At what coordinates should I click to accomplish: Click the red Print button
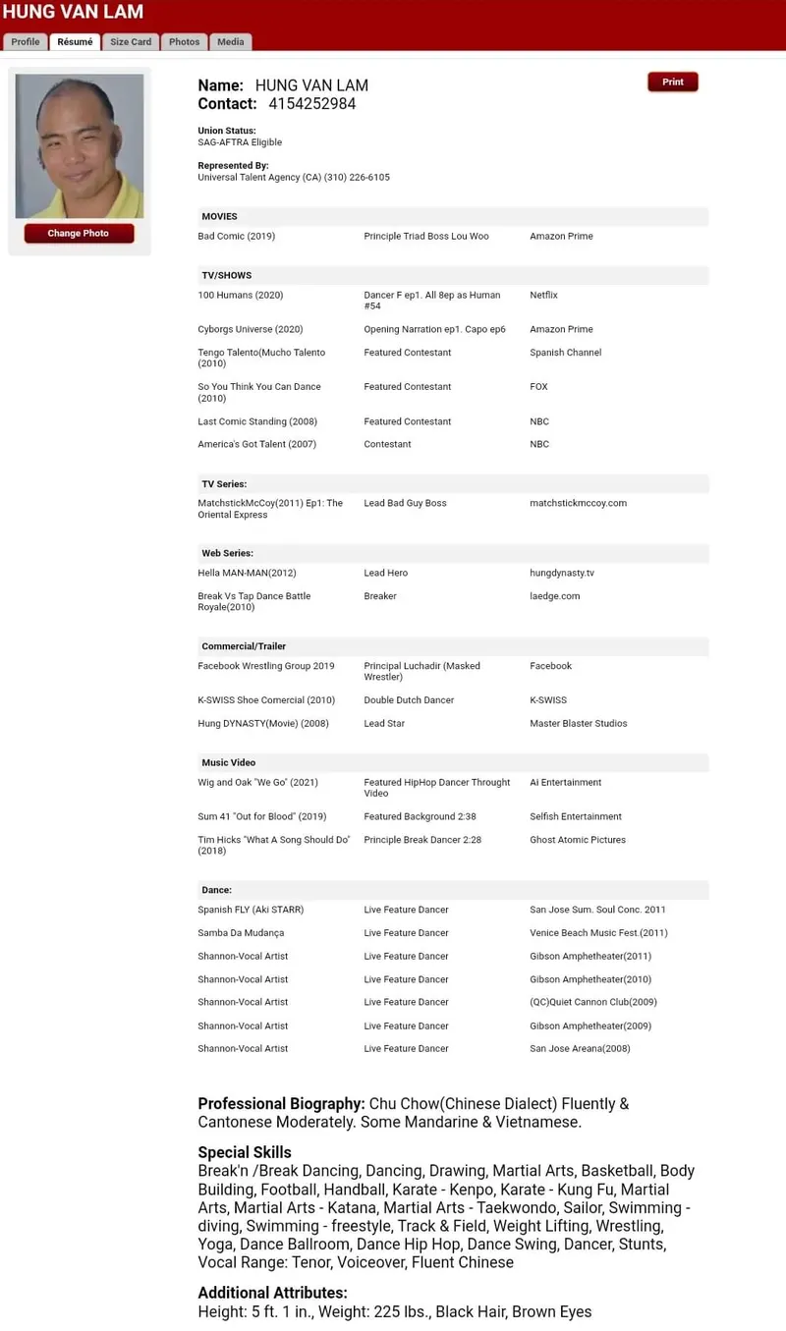point(672,83)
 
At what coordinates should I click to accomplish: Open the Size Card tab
point(131,42)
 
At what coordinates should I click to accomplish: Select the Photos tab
point(184,42)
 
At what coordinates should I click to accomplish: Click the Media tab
point(231,42)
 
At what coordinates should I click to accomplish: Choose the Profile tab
point(26,42)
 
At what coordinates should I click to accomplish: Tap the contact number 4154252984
point(311,104)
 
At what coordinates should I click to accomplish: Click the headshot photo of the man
point(79,146)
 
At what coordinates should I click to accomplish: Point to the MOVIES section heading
point(219,216)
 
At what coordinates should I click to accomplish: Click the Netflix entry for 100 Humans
point(543,295)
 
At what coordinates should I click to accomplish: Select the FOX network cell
point(538,387)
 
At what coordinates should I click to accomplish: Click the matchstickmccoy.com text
point(578,503)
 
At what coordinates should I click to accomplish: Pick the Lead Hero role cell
point(385,573)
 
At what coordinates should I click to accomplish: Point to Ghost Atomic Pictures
point(577,840)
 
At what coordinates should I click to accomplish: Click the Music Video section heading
point(228,762)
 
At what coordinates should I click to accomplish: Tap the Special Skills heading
point(244,1152)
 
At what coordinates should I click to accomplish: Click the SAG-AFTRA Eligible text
point(240,142)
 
